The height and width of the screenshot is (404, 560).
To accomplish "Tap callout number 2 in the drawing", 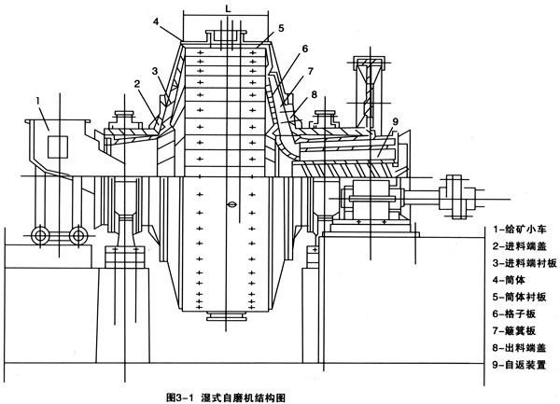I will point(136,84).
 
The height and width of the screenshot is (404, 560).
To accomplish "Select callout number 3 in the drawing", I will point(154,71).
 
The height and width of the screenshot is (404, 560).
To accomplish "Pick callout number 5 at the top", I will point(281,29).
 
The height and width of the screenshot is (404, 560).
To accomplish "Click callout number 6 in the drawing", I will point(303,49).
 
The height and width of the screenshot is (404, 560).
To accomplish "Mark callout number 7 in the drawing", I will point(311,71).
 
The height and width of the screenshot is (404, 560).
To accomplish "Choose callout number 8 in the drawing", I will point(315,94).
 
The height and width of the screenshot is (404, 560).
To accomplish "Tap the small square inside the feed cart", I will point(55,145).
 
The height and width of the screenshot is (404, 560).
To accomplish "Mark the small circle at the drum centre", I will point(229,202).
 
